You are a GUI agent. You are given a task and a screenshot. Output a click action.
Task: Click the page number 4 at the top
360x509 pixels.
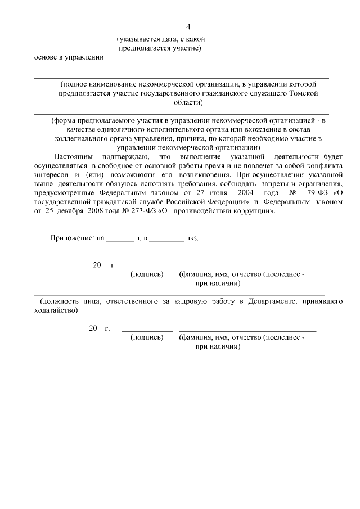pyautogui.click(x=189, y=26)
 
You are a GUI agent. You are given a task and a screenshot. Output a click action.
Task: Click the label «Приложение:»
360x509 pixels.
pyautogui.click(x=72, y=238)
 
